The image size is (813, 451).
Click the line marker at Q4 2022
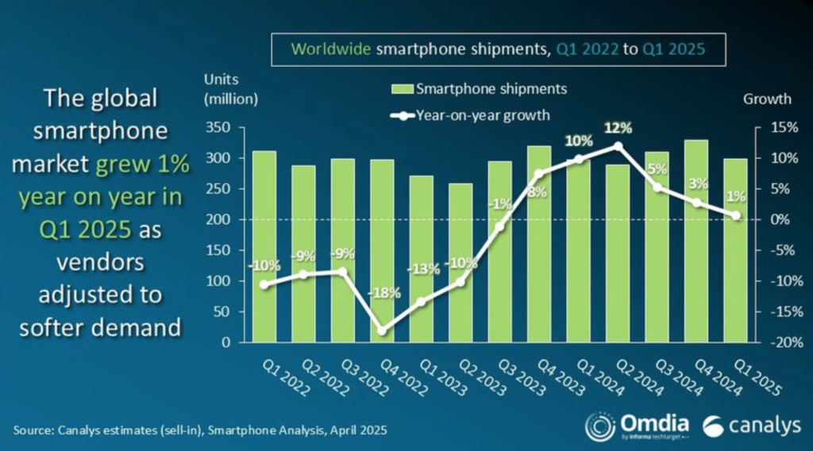[383, 330]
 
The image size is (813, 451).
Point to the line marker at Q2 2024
[618, 146]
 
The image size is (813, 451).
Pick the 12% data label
[618, 127]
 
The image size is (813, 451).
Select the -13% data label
[423, 268]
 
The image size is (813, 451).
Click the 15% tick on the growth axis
[777, 128]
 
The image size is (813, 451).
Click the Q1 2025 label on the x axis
[754, 373]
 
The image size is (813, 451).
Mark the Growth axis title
[767, 99]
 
